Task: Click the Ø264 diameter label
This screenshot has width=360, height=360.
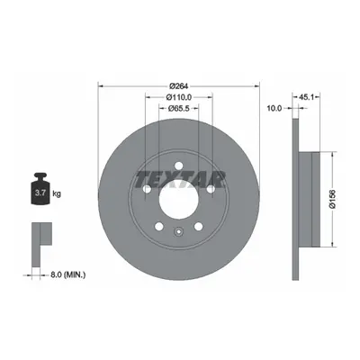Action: pyautogui.click(x=178, y=86)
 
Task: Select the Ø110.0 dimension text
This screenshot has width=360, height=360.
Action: pyautogui.click(x=179, y=97)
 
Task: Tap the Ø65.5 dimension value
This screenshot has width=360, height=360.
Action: pyautogui.click(x=178, y=109)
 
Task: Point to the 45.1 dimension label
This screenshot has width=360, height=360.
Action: pyautogui.click(x=306, y=97)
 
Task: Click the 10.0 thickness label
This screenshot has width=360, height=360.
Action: pyautogui.click(x=274, y=108)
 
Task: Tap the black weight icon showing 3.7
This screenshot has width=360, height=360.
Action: pyautogui.click(x=40, y=189)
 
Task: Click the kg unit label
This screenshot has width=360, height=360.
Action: pyautogui.click(x=57, y=193)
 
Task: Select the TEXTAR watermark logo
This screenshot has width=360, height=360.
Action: pyautogui.click(x=180, y=179)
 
